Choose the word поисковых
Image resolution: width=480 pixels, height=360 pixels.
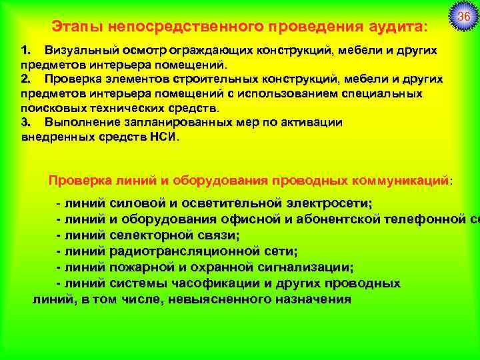(52, 108)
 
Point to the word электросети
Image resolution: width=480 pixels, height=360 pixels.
(319, 203)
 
